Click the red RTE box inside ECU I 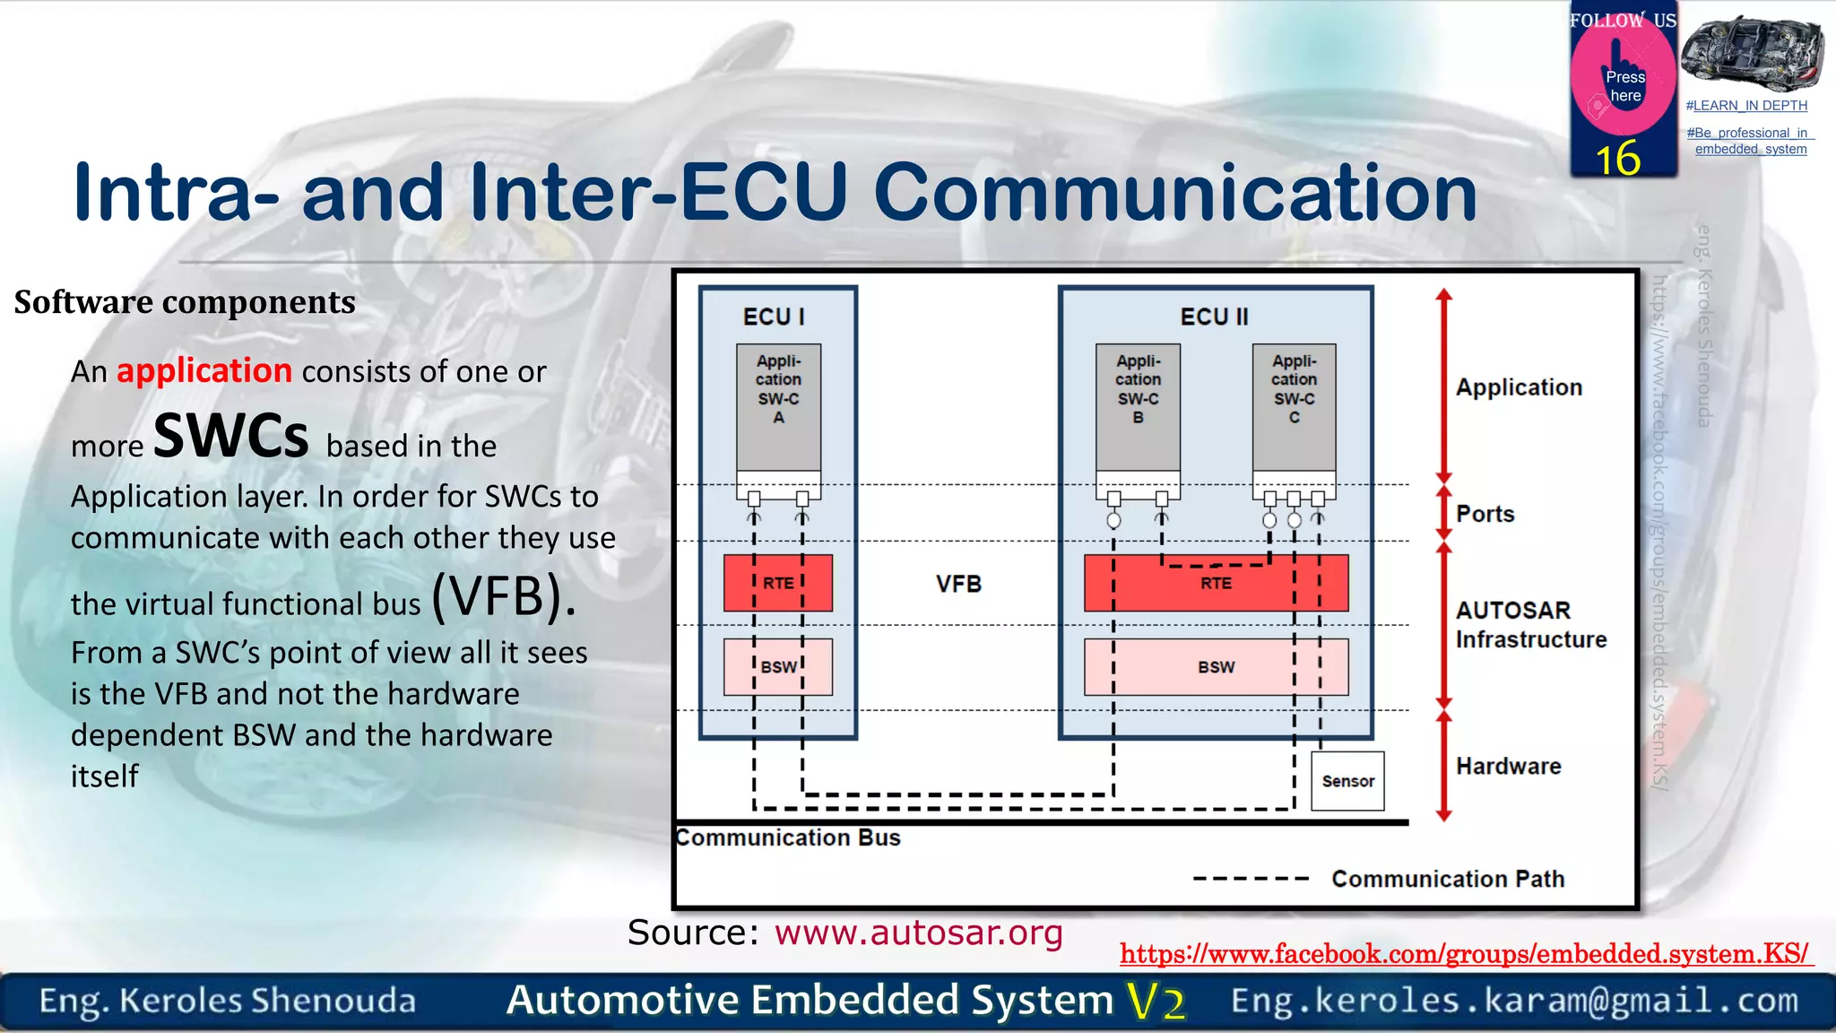(x=777, y=583)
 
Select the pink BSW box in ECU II (x=1216, y=667)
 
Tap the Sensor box (x=1347, y=781)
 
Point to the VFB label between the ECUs (x=958, y=584)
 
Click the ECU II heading (x=1214, y=317)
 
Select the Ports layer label (x=1485, y=514)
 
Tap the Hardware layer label (x=1508, y=766)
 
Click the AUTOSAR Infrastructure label (x=1529, y=624)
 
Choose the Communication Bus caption (x=788, y=838)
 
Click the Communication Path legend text (x=1447, y=879)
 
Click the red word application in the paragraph (x=204, y=370)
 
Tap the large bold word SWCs (x=231, y=436)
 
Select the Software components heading (x=185, y=302)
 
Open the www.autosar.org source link (x=918, y=933)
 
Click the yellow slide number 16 (x=1617, y=159)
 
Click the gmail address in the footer (x=1514, y=1000)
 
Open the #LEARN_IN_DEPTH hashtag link (x=1745, y=106)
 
